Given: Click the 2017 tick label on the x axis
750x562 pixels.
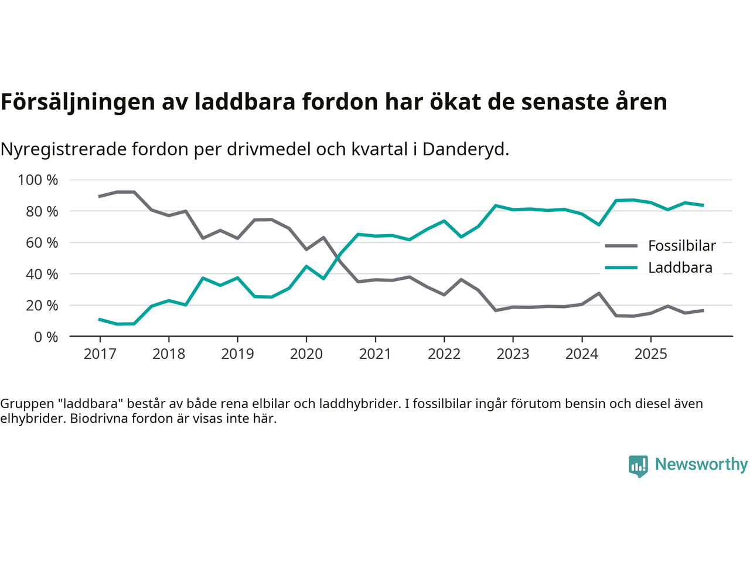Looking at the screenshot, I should coord(100,354).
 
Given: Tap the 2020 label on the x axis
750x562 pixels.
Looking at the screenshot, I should coord(306,354).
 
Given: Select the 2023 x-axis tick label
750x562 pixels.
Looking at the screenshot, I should coord(513,354).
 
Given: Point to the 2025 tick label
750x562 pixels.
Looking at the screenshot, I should coord(650,354).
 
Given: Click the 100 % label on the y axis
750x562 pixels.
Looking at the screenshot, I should coord(38,180).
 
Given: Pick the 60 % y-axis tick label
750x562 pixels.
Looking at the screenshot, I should coord(41,243).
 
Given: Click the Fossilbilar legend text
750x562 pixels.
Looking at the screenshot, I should coord(681,246).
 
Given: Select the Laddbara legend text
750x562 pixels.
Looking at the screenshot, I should coord(680,268).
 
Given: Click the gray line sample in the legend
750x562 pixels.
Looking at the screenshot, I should coord(621,246).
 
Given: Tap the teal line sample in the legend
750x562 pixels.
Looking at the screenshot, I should coord(621,268).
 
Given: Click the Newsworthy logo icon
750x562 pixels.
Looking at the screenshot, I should coord(638,466).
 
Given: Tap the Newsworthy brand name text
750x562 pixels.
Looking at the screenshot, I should coord(701,465).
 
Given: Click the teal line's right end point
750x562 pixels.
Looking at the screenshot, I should coord(703,205).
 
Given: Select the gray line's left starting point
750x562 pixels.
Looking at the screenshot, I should coord(100,196).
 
